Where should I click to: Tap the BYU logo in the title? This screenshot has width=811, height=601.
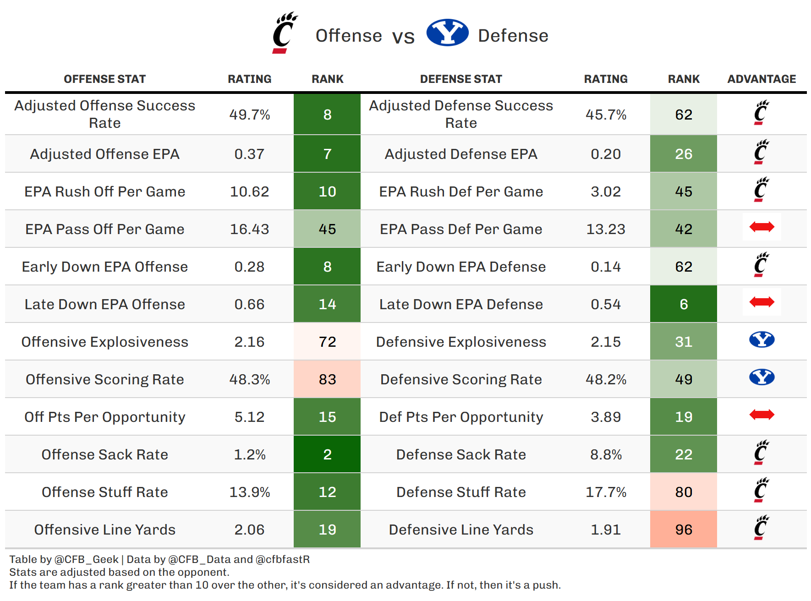coord(447,33)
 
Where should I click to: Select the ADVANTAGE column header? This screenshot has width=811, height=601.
coord(762,79)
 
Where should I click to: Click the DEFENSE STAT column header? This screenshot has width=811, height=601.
coord(461,79)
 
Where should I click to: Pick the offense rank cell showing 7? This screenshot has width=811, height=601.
coord(327,154)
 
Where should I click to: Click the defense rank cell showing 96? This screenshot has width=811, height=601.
coord(684,530)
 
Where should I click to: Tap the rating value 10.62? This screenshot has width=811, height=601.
coord(249,191)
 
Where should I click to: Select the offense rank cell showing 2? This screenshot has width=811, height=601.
coord(327,454)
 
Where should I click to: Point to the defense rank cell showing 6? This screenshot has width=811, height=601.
coord(684,304)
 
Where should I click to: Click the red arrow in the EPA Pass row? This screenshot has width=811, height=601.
coord(762,227)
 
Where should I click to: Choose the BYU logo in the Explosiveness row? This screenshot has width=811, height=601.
coord(762,339)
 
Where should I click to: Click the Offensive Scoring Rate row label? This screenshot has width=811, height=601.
coord(104,379)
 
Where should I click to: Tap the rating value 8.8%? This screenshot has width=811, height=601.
coord(606,454)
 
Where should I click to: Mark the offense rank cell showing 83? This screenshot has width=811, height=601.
coord(327,379)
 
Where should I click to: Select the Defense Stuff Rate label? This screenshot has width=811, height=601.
coord(461,492)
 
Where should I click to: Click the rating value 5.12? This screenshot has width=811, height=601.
coord(249,417)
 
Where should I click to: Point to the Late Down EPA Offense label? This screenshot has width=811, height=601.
coord(104,304)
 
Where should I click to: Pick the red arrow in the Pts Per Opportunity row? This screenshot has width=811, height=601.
coord(762,415)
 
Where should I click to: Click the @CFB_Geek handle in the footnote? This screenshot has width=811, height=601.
coord(87,559)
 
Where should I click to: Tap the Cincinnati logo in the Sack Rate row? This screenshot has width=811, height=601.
coord(761,453)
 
